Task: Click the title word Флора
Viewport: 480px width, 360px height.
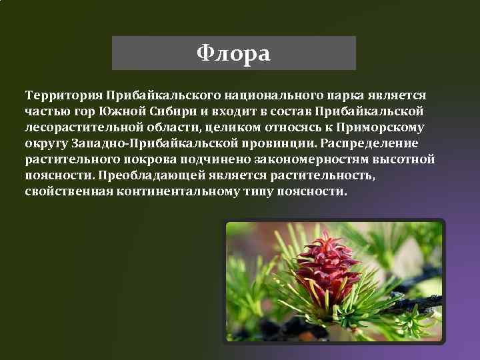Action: pyautogui.click(x=233, y=53)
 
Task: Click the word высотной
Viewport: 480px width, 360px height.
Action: pyautogui.click(x=408, y=159)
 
